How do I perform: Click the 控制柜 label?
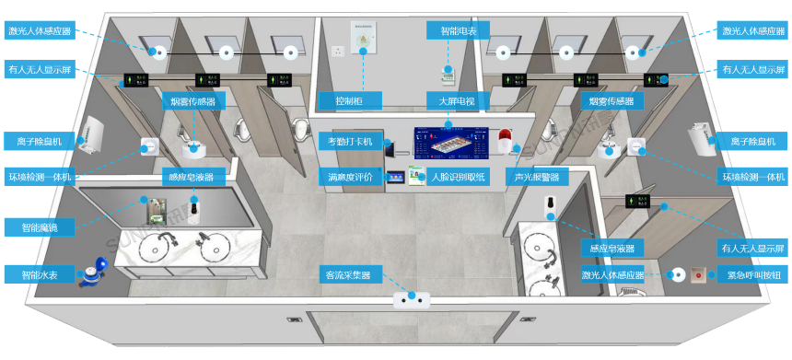click(x=339, y=99)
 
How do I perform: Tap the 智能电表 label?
click(x=451, y=31)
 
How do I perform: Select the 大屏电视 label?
click(x=449, y=99)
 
